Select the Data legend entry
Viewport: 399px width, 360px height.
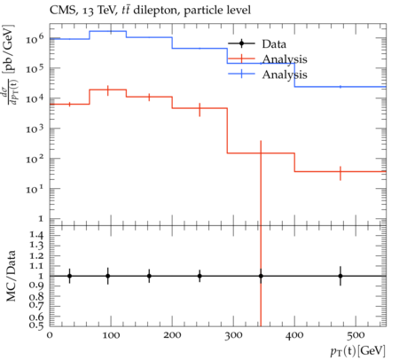pos(257,44)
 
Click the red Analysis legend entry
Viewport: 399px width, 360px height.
pos(268,59)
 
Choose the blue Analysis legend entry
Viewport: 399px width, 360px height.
pos(268,74)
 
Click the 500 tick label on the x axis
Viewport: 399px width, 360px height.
pos(356,335)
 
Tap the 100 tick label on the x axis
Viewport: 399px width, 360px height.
pos(111,335)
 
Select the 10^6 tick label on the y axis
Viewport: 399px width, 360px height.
pos(35,38)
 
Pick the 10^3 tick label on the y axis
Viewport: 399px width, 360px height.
pos(35,129)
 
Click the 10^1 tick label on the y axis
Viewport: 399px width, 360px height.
pos(35,188)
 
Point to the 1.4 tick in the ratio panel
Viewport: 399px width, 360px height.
pos(36,235)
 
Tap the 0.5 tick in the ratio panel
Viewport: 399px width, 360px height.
pos(36,325)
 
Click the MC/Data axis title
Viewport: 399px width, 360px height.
pos(11,276)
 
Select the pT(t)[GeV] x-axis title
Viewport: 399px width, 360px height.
pos(358,351)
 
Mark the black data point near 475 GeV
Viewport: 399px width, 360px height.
pos(340,276)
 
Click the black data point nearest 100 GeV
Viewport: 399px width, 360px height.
pos(108,276)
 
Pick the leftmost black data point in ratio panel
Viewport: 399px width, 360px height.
pos(69,276)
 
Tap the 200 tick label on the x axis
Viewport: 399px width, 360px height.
pos(172,335)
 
